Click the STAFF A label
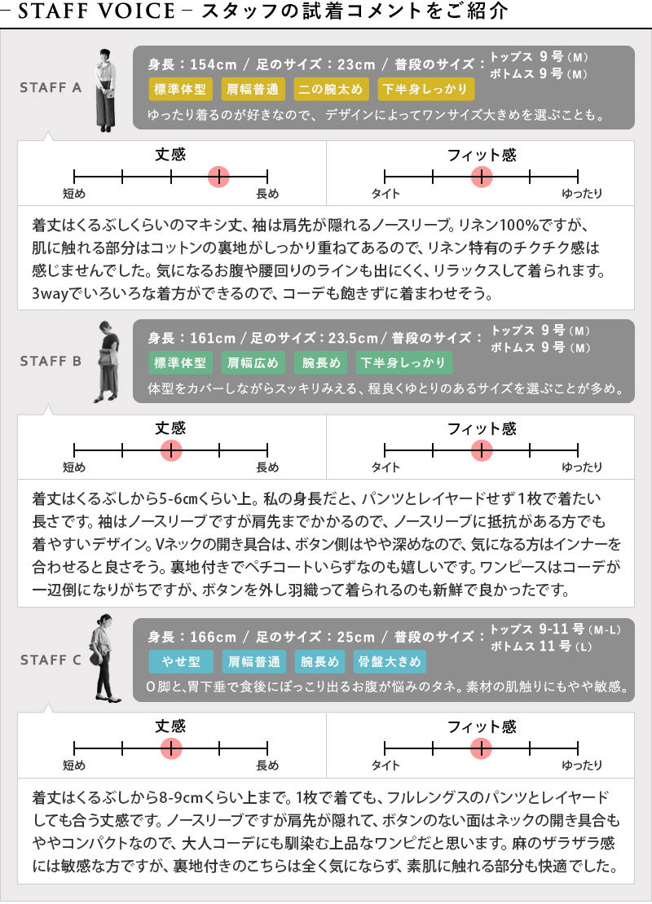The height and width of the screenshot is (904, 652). pyautogui.click(x=51, y=88)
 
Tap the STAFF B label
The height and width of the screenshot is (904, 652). pyautogui.click(x=51, y=362)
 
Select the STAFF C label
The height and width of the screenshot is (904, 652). pyautogui.click(x=51, y=660)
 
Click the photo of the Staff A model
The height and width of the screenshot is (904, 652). pyautogui.click(x=105, y=90)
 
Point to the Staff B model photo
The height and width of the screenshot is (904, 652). pyautogui.click(x=108, y=362)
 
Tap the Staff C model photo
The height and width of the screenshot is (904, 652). pyautogui.click(x=104, y=659)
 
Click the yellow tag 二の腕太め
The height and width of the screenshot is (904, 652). pyautogui.click(x=331, y=90)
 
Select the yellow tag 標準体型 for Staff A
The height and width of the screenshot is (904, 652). pyautogui.click(x=181, y=90)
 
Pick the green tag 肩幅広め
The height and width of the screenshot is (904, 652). pyautogui.click(x=253, y=362)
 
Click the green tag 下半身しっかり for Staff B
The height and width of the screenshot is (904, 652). pyautogui.click(x=404, y=362)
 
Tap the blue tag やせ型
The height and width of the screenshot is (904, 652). pyautogui.click(x=181, y=662)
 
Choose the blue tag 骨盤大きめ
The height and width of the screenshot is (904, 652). pyautogui.click(x=390, y=662)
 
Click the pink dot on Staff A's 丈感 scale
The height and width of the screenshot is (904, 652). pyautogui.click(x=219, y=177)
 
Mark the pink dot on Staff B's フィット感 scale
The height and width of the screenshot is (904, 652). pyautogui.click(x=481, y=450)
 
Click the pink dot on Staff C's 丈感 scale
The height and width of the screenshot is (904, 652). pyautogui.click(x=171, y=749)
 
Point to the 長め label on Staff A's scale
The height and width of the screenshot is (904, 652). pyautogui.click(x=267, y=195)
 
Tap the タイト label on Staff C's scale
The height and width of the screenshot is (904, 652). pyautogui.click(x=385, y=766)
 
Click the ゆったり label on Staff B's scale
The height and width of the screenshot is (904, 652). pyautogui.click(x=582, y=467)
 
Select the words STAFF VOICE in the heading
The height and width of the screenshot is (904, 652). pyautogui.click(x=96, y=11)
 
